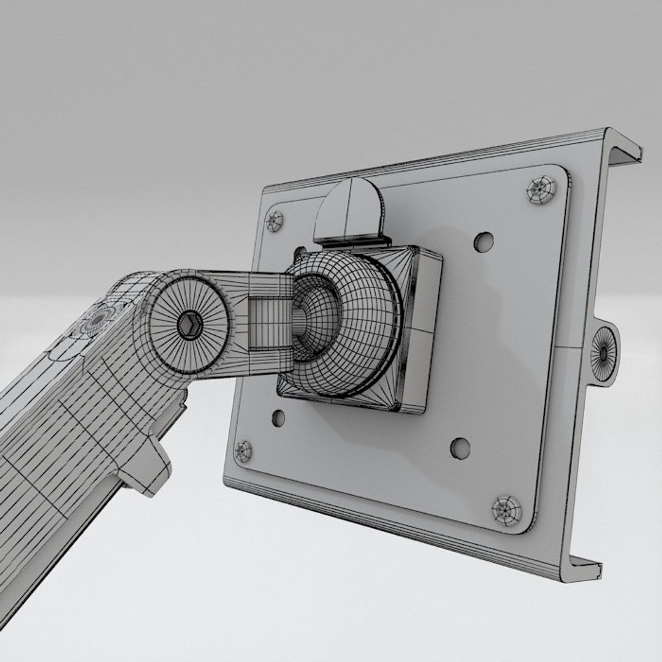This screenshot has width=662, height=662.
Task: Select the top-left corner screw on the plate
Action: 275,221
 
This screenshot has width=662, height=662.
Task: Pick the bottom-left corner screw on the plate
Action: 244,452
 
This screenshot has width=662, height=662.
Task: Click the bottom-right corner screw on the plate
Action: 507,510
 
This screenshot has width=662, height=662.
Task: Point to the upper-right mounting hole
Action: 484,242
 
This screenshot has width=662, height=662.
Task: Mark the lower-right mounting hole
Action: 460,448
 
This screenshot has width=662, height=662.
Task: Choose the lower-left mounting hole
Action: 278,418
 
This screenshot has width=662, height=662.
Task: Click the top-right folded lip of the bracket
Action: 624,150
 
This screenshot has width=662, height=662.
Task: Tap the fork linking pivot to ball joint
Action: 264,319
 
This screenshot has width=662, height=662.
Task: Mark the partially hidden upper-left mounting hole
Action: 300,251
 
